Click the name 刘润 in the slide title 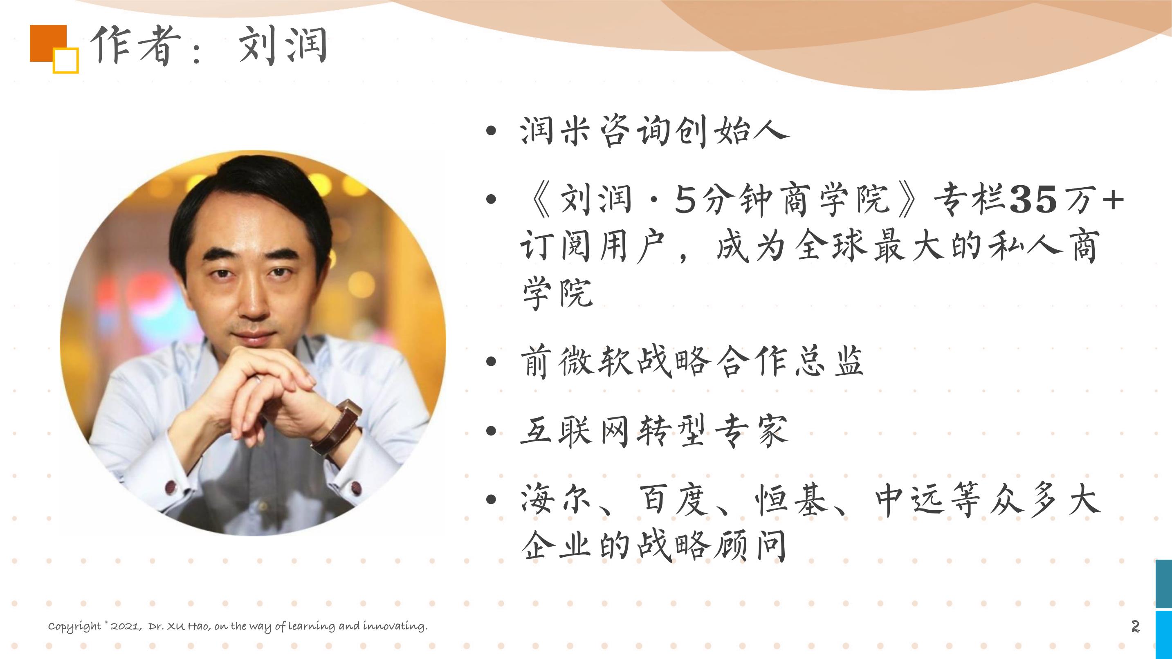coord(283,45)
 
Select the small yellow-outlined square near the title coord(66,61)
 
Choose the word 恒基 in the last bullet coord(790,500)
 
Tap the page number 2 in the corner coord(1136,626)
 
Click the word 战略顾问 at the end coord(712,545)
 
